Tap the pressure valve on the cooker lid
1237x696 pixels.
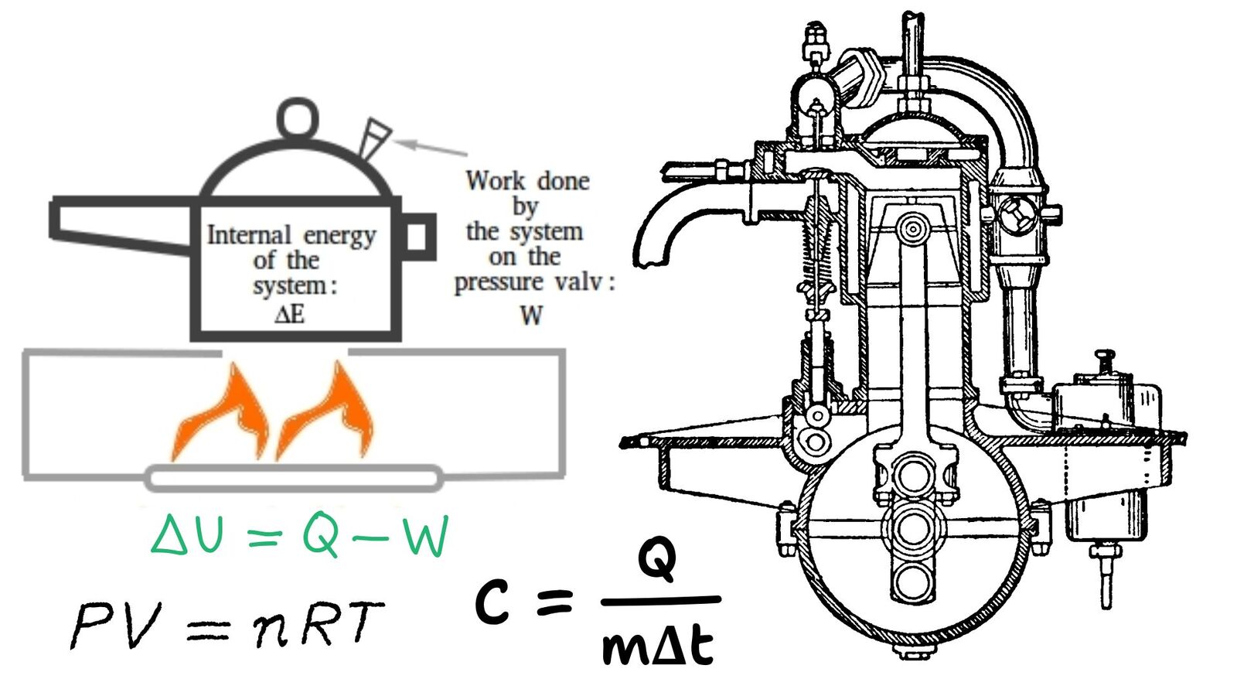pyautogui.click(x=374, y=138)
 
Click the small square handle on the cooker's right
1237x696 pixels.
pyautogui.click(x=417, y=237)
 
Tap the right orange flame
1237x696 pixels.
pyautogui.click(x=329, y=414)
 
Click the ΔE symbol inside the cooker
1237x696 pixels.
pyautogui.click(x=290, y=314)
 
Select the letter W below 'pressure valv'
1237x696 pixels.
pyautogui.click(x=531, y=315)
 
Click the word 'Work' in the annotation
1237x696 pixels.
pyautogui.click(x=495, y=181)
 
